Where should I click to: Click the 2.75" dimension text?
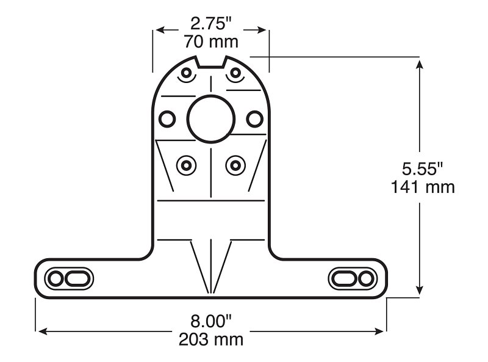(210, 24)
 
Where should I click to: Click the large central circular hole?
(210, 118)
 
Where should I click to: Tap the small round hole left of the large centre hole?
(167, 117)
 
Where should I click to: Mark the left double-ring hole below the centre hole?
(186, 164)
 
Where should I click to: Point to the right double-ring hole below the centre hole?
(235, 164)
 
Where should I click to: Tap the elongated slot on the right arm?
(345, 278)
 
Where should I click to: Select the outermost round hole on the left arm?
(55, 279)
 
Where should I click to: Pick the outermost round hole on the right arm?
(366, 278)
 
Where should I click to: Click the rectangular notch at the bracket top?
(211, 63)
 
